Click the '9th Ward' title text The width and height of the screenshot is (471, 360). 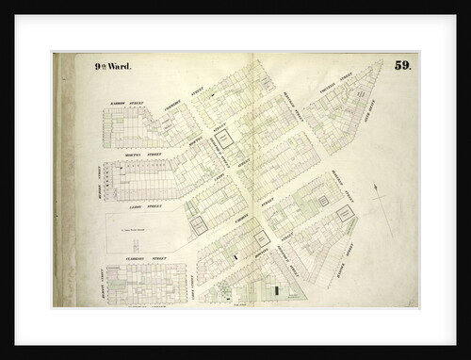[x=112, y=67]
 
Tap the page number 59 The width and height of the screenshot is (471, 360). [x=402, y=65]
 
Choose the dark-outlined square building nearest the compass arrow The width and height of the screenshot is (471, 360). [x=346, y=214]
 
